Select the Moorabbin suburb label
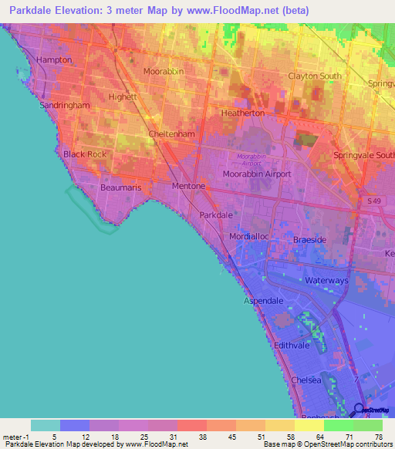click(x=164, y=71)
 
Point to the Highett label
click(x=122, y=97)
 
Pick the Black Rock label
click(x=85, y=154)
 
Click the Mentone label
click(x=188, y=186)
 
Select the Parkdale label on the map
click(x=216, y=214)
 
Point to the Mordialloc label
click(x=248, y=236)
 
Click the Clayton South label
click(x=314, y=76)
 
